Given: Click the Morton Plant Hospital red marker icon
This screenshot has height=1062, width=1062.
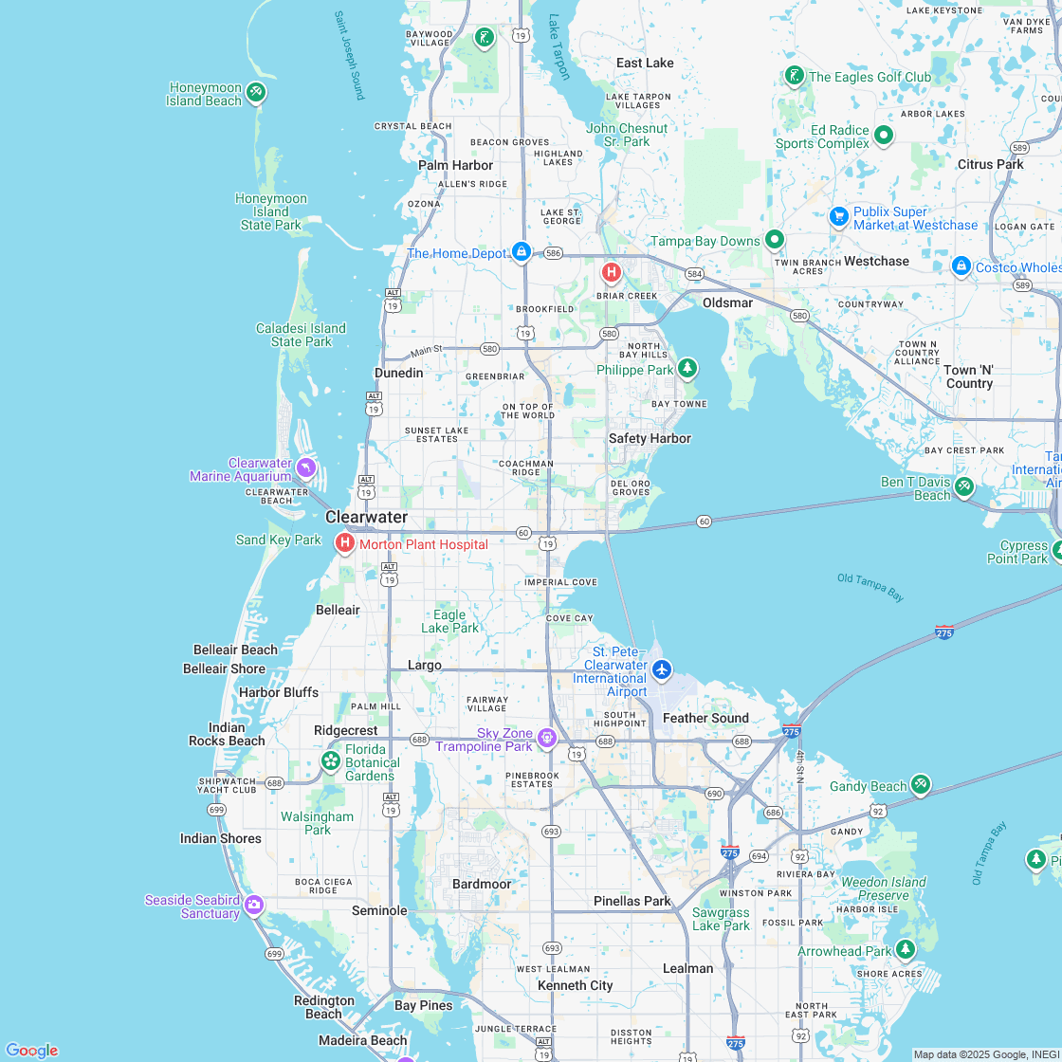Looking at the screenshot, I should click(x=345, y=543).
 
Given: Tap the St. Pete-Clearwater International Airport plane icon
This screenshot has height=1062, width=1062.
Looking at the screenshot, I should click(x=662, y=669).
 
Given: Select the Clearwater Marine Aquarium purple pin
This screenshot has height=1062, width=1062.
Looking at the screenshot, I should click(x=305, y=467).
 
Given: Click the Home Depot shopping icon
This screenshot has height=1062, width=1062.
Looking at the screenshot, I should click(x=521, y=251).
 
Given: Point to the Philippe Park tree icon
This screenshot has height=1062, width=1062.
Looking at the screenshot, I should click(x=687, y=368).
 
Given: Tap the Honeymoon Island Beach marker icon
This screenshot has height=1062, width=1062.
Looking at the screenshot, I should click(x=255, y=92).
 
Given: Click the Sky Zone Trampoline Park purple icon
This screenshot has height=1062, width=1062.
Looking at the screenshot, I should click(x=546, y=738).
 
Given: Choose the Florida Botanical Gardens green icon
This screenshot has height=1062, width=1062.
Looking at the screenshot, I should click(x=331, y=760).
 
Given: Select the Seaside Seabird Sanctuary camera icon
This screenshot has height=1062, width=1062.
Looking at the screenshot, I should click(x=253, y=905).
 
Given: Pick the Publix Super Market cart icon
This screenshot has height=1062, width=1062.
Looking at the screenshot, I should click(x=838, y=216).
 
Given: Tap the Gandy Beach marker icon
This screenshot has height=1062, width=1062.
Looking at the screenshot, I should click(x=920, y=784).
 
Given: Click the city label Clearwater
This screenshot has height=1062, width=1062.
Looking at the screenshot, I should click(x=366, y=518).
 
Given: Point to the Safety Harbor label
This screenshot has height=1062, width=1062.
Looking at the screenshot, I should click(x=650, y=438).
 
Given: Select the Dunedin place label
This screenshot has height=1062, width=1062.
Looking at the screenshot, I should click(x=398, y=373).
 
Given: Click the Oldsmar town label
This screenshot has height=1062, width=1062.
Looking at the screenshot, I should click(x=727, y=302).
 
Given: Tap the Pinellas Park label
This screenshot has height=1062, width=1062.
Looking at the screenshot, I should click(x=632, y=901).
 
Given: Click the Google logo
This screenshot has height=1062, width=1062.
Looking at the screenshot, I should click(x=31, y=1050).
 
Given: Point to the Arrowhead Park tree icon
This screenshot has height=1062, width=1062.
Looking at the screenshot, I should click(x=906, y=949).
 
